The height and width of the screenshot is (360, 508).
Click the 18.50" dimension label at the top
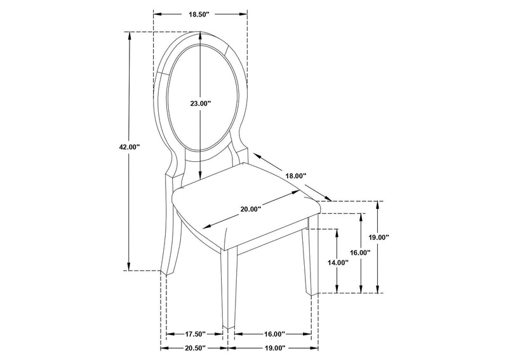pos(199,14)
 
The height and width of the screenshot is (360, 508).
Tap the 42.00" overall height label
pos(130,147)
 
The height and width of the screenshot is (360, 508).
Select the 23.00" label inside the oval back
pos(200,103)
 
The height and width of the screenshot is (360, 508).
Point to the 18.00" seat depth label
pos(296,176)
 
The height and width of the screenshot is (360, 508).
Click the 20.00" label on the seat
pos(251,209)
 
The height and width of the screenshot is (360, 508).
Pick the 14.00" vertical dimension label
pos(338,263)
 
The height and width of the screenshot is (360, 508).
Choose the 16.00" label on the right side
pos(360,253)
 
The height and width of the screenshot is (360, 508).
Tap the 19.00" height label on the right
pos(378,237)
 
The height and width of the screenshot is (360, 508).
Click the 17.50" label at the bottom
pos(196,334)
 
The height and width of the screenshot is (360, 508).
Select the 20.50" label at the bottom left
pos(196,348)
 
